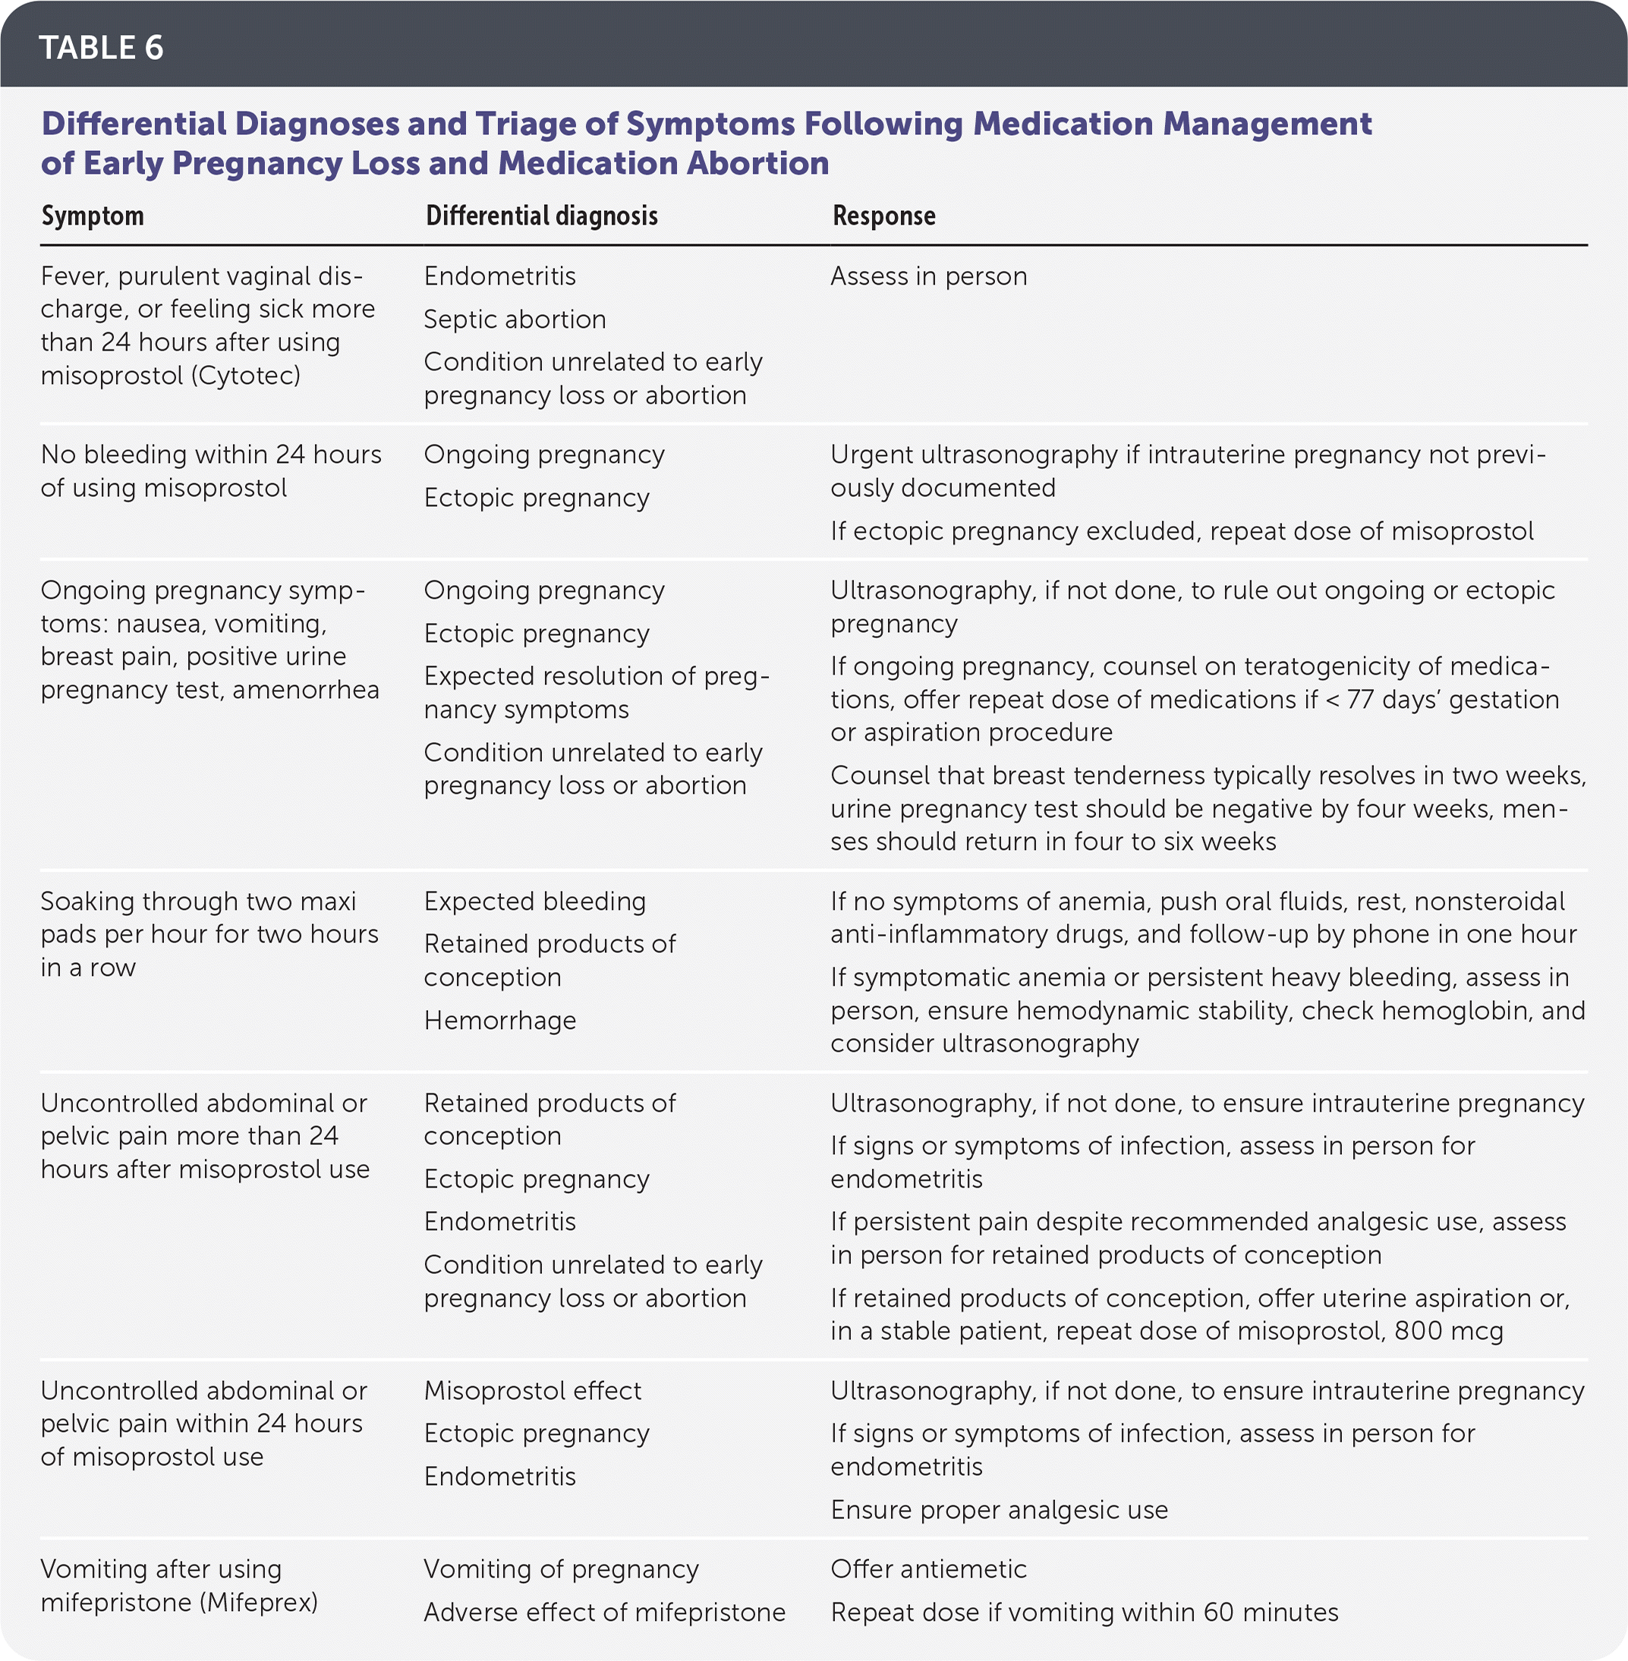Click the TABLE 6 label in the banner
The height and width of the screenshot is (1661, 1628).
pyautogui.click(x=101, y=48)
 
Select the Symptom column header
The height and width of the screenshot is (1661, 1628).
pyautogui.click(x=93, y=216)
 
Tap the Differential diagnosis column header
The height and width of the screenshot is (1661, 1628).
pyautogui.click(x=541, y=216)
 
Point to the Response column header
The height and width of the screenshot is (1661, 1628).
pyautogui.click(x=883, y=216)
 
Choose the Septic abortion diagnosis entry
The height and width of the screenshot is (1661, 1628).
pyautogui.click(x=515, y=319)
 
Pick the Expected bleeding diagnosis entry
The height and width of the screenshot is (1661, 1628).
pyautogui.click(x=534, y=902)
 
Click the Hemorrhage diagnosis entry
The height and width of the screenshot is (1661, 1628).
pyautogui.click(x=499, y=1021)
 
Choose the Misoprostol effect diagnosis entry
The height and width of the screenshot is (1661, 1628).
pyautogui.click(x=532, y=1391)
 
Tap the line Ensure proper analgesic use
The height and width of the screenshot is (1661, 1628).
pyautogui.click(x=999, y=1511)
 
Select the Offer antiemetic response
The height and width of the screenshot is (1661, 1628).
pyautogui.click(x=928, y=1569)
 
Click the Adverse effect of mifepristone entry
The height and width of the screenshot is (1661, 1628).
pyautogui.click(x=603, y=1613)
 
